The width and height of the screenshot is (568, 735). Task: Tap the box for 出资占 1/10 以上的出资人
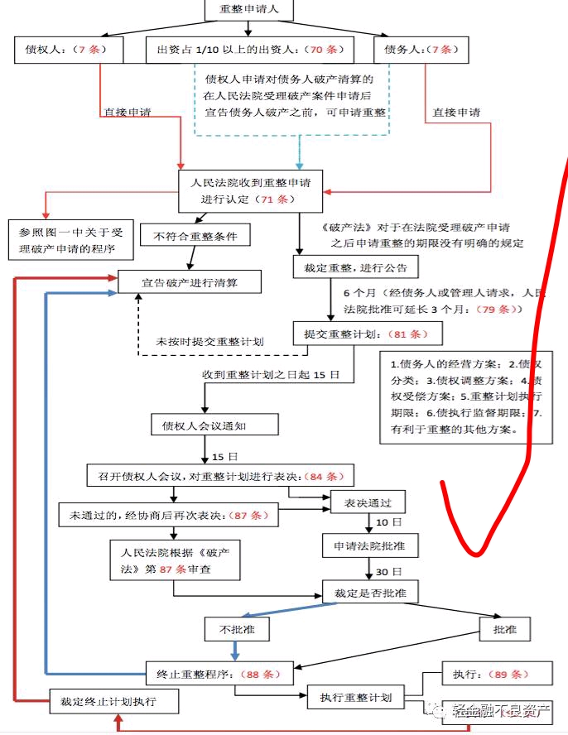248,50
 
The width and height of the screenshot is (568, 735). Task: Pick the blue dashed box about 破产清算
295,97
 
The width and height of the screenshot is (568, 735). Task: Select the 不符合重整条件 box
195,237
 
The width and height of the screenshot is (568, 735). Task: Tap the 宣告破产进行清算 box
190,282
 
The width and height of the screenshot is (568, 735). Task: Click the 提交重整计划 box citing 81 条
368,334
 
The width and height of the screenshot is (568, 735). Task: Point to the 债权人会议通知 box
214,425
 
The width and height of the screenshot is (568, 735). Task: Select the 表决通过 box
367,502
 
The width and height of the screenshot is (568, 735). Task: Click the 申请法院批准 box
370,545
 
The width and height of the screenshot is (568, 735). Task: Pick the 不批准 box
236,630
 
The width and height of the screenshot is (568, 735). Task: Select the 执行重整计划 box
356,697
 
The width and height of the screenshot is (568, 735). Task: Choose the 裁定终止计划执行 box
114,703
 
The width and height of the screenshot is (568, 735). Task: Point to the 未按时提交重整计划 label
210,342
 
